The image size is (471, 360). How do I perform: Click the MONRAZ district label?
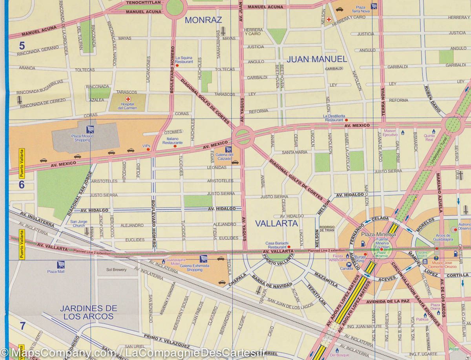pos(203,20)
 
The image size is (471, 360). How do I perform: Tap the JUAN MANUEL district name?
pos(317,59)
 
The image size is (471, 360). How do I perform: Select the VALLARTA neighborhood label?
pos(276,223)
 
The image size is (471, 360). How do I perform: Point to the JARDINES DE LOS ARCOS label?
pos(88,312)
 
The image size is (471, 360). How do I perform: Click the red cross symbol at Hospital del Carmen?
pos(128,99)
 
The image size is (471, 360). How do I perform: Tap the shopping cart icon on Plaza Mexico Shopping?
pos(90,129)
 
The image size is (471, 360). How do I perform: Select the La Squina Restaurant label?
pos(184,60)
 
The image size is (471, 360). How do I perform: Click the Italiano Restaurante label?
pos(172,141)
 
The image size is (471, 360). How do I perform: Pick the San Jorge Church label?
pos(79,224)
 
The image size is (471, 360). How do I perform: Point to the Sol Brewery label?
pos(117,270)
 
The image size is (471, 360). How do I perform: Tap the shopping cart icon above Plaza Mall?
pos(60,265)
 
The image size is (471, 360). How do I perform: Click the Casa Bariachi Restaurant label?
pos(277,245)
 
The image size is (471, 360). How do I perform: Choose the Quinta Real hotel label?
pos(429,138)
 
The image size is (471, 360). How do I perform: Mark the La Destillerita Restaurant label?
pos(334,118)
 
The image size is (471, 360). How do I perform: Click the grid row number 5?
pos(22,46)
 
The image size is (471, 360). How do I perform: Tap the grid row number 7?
pos(22,325)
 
